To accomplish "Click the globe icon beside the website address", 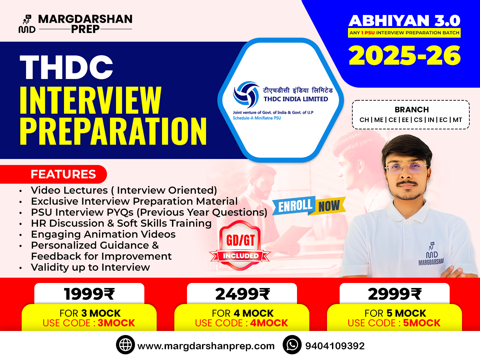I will click(125, 345).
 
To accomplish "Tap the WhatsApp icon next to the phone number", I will click(292, 345).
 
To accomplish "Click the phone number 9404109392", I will click(335, 346).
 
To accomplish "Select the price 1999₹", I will click(89, 294).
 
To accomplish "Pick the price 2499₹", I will click(242, 294).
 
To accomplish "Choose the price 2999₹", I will click(395, 294).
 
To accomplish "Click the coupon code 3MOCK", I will click(116, 323).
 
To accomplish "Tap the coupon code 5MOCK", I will click(422, 323).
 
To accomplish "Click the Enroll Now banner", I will click(309, 206).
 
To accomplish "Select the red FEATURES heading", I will click(63, 174).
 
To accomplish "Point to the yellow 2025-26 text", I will click(405, 56).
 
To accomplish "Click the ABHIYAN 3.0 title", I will click(404, 21).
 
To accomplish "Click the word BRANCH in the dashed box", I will click(412, 110).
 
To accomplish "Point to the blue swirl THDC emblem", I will click(246, 94).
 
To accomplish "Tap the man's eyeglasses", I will click(406, 169).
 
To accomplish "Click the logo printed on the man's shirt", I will click(432, 254).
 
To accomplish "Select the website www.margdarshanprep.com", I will click(206, 346).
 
